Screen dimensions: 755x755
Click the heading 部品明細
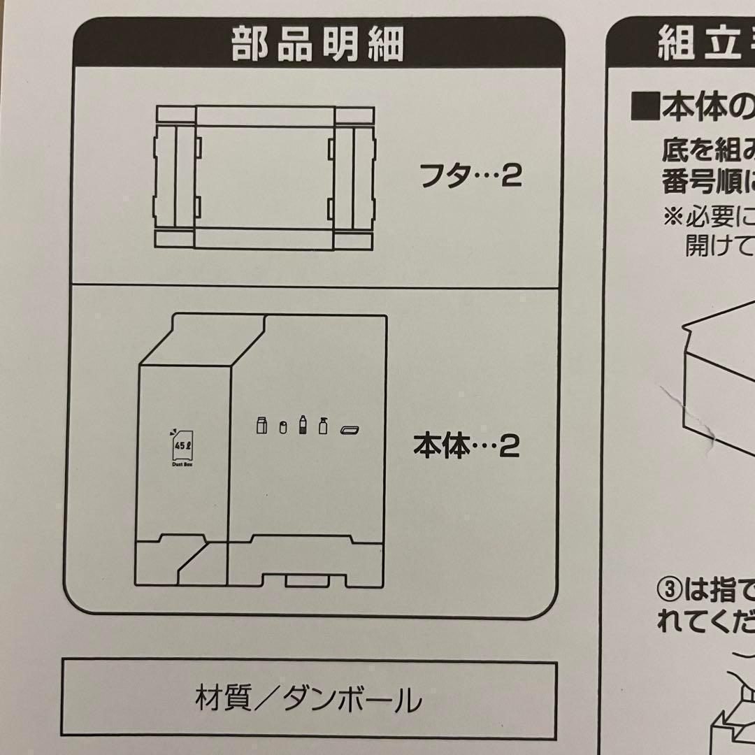318,45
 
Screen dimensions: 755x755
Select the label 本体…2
466,447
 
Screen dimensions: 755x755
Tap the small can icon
283,427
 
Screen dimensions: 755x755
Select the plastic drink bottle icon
303,424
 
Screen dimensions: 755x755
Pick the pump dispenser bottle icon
323,425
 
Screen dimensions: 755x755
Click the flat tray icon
350,429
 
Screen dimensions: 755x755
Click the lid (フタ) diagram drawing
264,178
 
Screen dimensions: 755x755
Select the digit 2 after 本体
510,447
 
